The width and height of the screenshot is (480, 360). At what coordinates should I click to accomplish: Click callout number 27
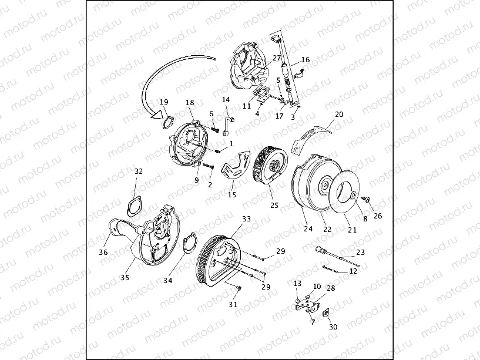tap(277, 58)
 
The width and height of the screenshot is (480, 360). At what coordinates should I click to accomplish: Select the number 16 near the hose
tap(306, 60)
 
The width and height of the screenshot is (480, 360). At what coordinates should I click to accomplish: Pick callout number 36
tap(103, 253)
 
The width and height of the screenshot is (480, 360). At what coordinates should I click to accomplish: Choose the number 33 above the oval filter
tap(246, 218)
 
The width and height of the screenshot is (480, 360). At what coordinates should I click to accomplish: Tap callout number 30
tap(334, 327)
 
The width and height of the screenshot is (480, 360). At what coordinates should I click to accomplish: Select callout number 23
tap(361, 253)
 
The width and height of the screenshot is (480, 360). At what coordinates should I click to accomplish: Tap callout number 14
tap(226, 100)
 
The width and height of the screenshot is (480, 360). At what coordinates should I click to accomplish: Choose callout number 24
tap(308, 228)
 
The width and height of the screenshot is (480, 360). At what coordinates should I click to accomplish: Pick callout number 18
tap(190, 103)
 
